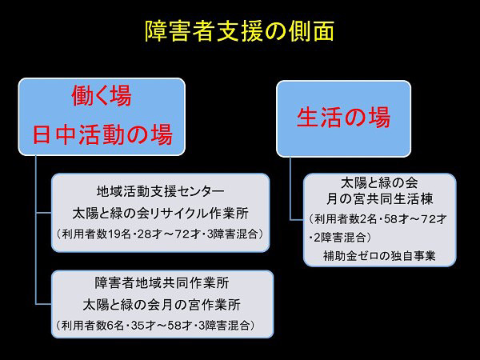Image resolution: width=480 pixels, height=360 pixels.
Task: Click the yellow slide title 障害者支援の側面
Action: point(239,31)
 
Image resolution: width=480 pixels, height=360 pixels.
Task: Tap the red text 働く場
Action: point(102,96)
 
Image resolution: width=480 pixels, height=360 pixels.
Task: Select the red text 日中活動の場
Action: point(102,134)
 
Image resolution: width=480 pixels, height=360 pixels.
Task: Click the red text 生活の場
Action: point(343,118)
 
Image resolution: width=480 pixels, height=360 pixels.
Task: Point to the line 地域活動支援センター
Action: point(161,191)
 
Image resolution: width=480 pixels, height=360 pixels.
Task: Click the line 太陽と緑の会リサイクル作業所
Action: point(161,214)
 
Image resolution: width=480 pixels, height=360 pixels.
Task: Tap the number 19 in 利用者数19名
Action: point(114,234)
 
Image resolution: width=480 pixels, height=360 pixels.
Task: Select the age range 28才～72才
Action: point(170,234)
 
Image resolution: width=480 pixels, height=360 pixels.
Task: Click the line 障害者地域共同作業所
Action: point(162,282)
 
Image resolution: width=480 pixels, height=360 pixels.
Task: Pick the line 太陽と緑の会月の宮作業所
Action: point(162,305)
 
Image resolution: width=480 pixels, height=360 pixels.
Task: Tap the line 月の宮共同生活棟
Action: point(379,199)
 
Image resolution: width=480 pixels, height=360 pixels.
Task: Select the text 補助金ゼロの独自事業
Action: point(379,256)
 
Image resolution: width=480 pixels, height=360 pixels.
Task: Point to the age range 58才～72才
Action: point(415,219)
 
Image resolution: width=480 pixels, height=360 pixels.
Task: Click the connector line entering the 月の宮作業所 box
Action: point(43,304)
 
